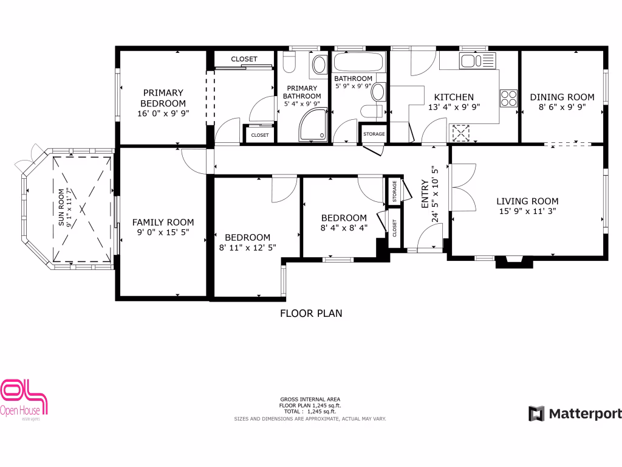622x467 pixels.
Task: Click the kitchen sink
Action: click(477, 61)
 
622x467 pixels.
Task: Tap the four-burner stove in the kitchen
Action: click(508, 97)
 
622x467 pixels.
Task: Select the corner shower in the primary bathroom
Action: click(313, 125)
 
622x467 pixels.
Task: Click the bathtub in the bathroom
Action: click(359, 62)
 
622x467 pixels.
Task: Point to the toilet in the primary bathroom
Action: click(289, 61)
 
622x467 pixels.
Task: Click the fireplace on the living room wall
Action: click(514, 261)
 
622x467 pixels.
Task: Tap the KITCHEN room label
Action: click(454, 97)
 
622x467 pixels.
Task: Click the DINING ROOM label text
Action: click(562, 97)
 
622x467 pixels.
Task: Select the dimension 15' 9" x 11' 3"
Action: click(527, 212)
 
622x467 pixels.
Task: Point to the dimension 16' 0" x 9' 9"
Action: click(162, 112)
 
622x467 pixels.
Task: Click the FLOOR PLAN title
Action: click(311, 314)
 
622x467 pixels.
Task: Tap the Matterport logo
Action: click(575, 414)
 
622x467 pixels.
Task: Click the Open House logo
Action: click(24, 400)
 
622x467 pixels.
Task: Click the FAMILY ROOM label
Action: click(163, 223)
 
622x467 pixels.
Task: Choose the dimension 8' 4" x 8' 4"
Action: click(344, 229)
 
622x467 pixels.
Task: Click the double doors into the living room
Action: click(460, 188)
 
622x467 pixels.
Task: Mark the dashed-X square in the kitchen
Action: click(461, 133)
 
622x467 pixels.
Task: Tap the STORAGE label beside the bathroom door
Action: click(374, 134)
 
